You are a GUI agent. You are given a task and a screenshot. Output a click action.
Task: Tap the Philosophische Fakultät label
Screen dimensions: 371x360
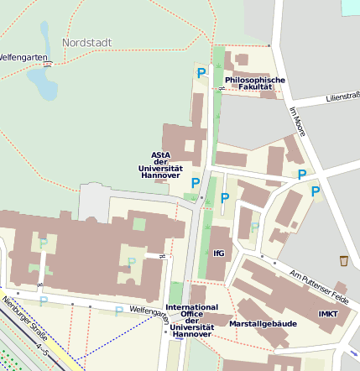click(x=255, y=83)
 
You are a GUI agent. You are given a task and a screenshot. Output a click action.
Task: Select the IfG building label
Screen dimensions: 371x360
click(x=219, y=253)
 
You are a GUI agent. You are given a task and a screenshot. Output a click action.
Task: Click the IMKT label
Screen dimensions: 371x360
click(x=329, y=314)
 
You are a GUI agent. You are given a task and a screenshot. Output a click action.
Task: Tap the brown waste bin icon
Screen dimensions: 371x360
click(x=343, y=260)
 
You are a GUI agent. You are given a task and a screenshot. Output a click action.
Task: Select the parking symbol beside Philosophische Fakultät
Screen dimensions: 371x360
click(x=201, y=74)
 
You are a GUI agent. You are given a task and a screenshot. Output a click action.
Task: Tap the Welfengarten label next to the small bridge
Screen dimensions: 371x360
click(x=18, y=58)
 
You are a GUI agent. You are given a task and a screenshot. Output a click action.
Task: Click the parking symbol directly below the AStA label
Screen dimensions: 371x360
click(x=196, y=183)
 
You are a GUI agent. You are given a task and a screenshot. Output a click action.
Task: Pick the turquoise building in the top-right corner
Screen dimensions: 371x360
click(x=351, y=6)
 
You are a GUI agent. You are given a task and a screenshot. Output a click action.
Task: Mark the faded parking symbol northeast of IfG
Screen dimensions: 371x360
click(x=254, y=227)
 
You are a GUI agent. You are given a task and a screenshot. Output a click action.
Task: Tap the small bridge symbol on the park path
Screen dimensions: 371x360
click(x=50, y=61)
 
